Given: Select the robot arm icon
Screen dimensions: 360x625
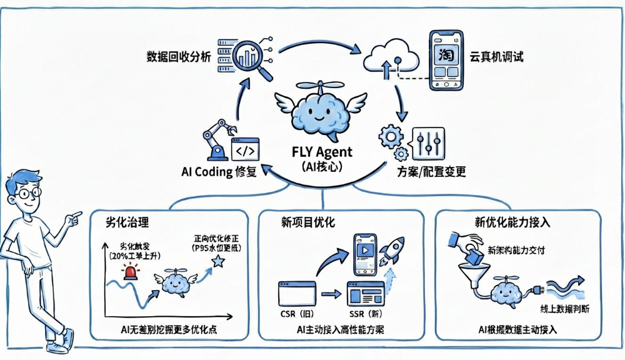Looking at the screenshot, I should tap(216, 139).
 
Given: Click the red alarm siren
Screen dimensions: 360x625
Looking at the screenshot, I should tap(132, 272).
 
